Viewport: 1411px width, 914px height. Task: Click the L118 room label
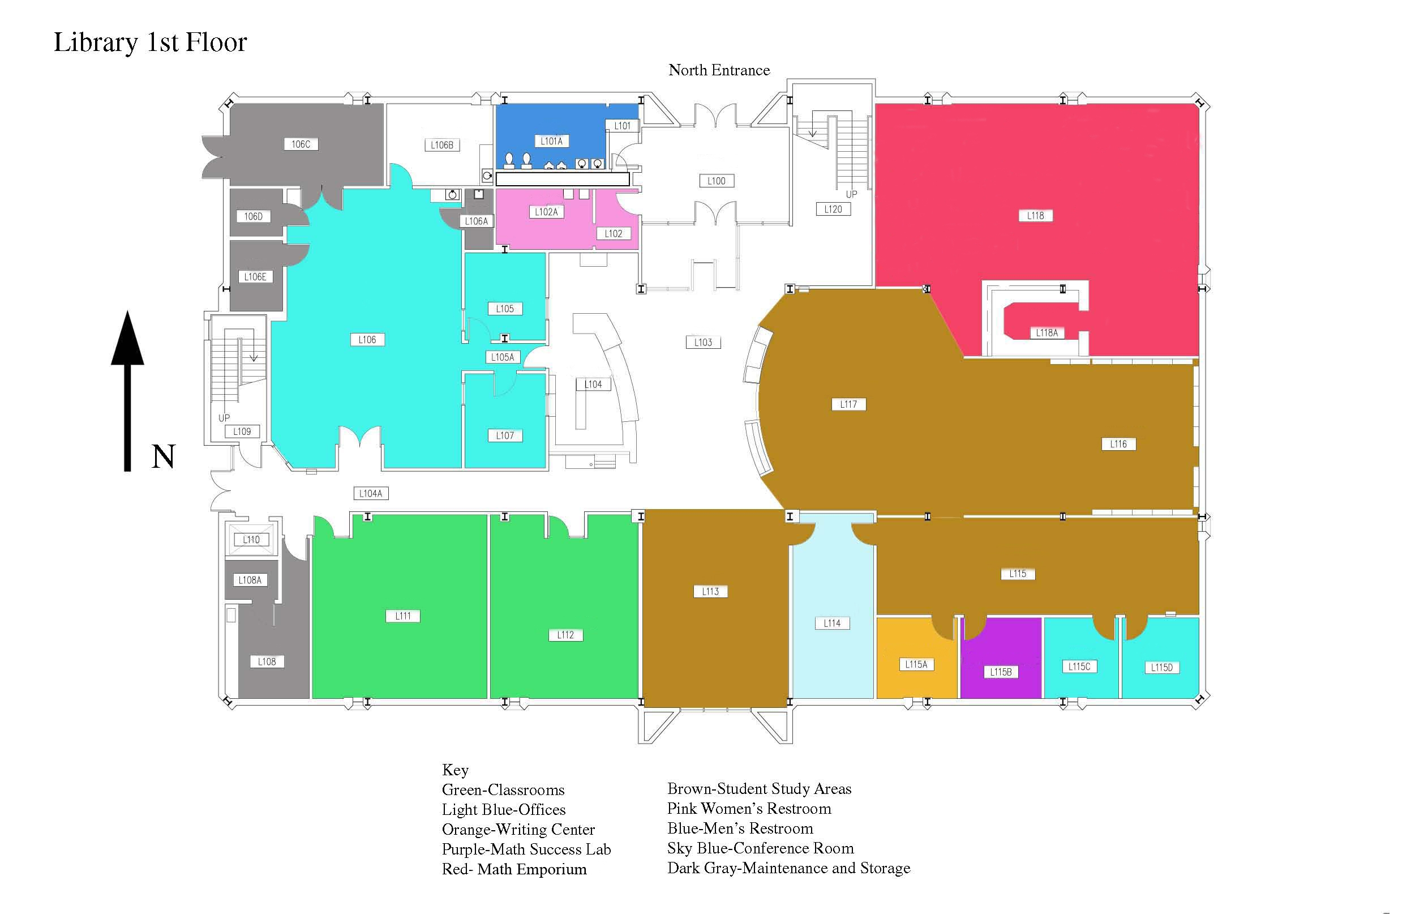point(1035,215)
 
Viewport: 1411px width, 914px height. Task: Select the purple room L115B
point(1001,659)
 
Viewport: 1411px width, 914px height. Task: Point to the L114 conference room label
point(832,623)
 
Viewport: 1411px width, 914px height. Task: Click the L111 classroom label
point(403,616)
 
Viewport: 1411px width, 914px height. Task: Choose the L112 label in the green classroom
point(565,635)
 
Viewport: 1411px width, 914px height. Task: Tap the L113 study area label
point(710,591)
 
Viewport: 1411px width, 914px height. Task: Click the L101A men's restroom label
point(551,140)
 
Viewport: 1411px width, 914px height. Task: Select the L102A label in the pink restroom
point(546,212)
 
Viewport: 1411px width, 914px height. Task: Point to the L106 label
point(367,339)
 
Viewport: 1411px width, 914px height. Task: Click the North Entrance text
point(719,70)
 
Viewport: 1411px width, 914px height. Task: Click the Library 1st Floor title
point(150,42)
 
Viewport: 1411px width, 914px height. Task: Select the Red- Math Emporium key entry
point(514,869)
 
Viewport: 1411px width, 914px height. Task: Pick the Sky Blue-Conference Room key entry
point(760,848)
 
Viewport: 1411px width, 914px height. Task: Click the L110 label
point(251,539)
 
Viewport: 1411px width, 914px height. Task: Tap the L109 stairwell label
point(242,431)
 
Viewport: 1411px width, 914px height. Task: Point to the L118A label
point(1047,333)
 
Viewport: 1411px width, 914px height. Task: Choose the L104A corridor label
point(371,493)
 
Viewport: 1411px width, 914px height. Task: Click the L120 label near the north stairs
point(833,209)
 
